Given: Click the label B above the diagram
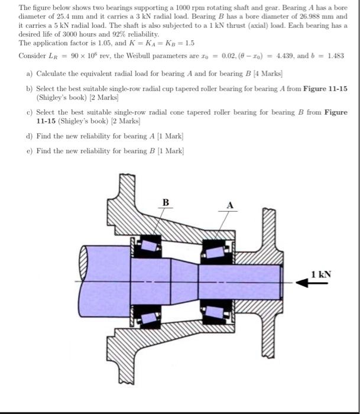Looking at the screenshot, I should (x=166, y=203).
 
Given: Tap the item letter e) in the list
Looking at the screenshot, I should (x=30, y=151).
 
